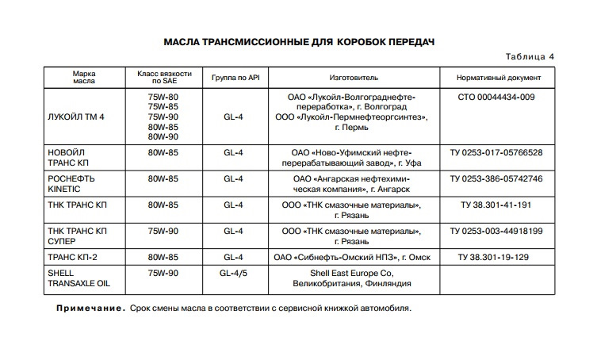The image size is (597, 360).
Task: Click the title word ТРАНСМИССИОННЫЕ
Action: pos(262,40)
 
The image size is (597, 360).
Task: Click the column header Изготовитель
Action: pos(354,79)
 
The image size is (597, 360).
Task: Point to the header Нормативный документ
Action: pos(499,79)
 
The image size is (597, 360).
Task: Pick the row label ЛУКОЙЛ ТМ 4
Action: pos(77,117)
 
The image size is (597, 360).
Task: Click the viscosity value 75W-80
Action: pos(163,97)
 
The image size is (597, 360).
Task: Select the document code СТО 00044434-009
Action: pos(496,97)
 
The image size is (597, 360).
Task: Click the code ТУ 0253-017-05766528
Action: pos(496,152)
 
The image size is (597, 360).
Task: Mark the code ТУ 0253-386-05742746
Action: pos(496,179)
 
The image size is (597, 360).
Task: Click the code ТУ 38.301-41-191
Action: pos(496,205)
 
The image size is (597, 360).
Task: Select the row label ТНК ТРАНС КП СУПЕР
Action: pos(77,236)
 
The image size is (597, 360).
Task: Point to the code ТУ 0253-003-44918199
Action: pos(496,231)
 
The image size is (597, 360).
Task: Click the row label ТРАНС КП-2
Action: pos(72,258)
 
